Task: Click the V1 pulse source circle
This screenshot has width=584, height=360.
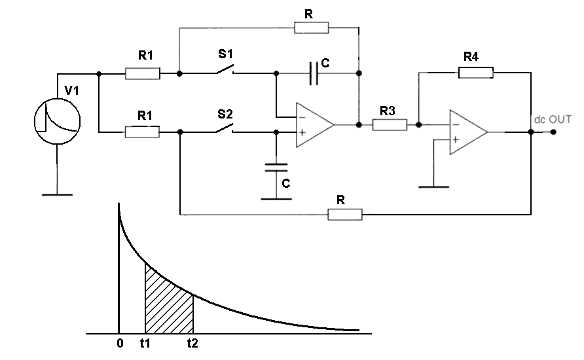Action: click(57, 119)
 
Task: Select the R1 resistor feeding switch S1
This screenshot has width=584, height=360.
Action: click(142, 73)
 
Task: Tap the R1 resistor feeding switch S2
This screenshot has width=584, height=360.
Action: click(142, 132)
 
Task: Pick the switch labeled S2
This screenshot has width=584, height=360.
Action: click(225, 129)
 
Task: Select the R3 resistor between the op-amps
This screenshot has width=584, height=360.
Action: click(390, 124)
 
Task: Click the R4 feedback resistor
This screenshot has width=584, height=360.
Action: click(476, 73)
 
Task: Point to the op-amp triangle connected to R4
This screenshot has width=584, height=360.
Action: click(467, 132)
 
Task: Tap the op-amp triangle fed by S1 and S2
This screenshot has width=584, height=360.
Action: click(314, 124)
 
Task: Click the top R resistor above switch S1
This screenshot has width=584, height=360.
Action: click(312, 27)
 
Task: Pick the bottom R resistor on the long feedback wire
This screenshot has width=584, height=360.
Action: click(344, 214)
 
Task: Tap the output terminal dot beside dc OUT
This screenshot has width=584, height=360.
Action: click(553, 132)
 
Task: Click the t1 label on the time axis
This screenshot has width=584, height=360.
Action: click(145, 342)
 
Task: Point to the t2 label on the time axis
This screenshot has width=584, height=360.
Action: click(192, 342)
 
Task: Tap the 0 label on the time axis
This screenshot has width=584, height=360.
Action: click(119, 342)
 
